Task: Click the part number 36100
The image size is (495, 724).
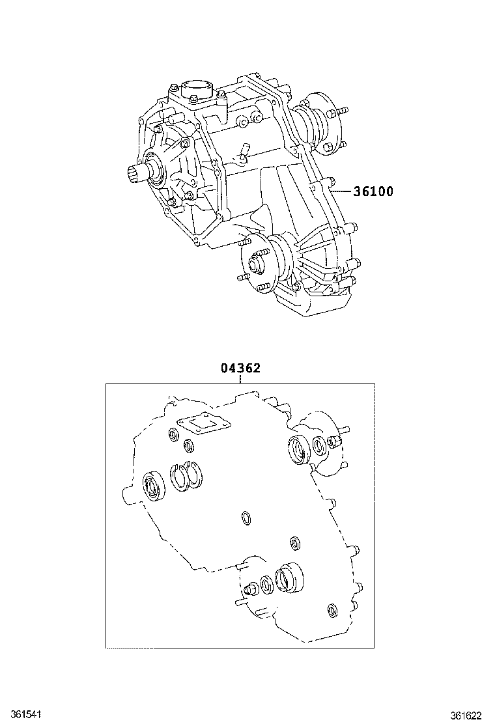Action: point(373,192)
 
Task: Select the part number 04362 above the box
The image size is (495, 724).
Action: point(240,369)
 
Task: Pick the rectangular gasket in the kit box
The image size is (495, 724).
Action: point(203,423)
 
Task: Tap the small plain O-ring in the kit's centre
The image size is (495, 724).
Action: point(247,518)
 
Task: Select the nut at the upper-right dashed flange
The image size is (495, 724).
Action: point(335,443)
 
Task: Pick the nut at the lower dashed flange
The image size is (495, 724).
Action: point(250,589)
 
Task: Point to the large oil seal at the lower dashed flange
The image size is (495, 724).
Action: point(287,577)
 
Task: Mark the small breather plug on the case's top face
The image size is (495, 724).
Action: point(244,151)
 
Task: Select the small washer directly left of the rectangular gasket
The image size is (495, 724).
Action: point(173,434)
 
